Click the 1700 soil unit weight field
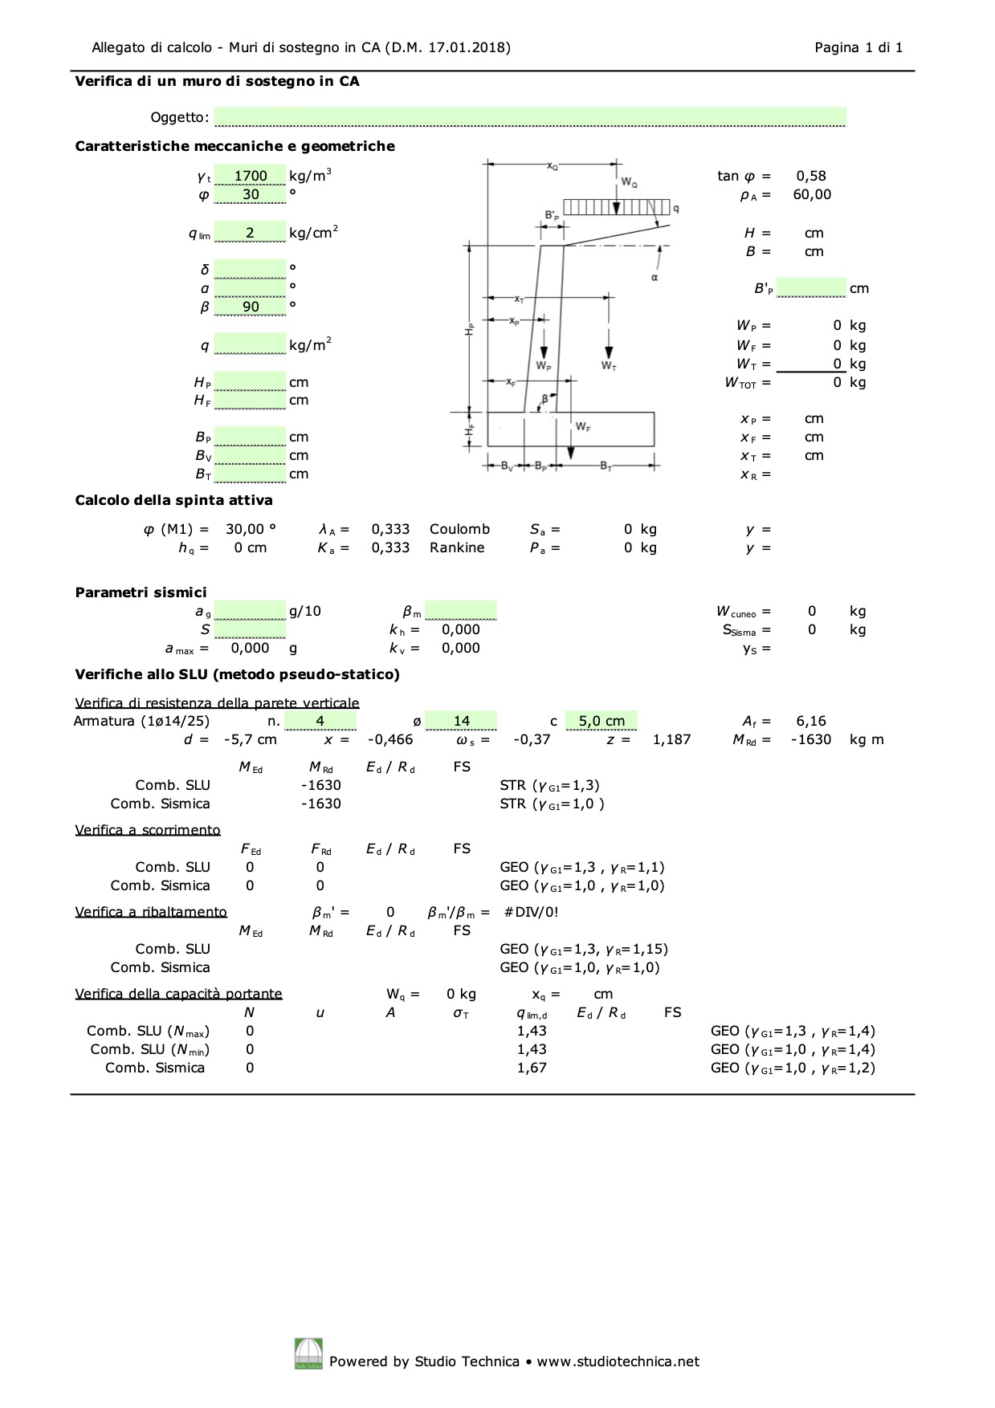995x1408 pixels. (251, 175)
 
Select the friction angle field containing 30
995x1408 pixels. (251, 194)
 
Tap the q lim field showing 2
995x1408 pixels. (251, 232)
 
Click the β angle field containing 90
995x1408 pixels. (251, 306)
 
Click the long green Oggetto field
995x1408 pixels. (530, 117)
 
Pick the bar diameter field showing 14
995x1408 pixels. (461, 721)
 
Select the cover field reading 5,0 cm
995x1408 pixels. (601, 721)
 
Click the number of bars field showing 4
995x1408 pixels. (320, 721)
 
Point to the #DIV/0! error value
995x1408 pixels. (531, 912)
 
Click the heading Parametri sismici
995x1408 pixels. (141, 592)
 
